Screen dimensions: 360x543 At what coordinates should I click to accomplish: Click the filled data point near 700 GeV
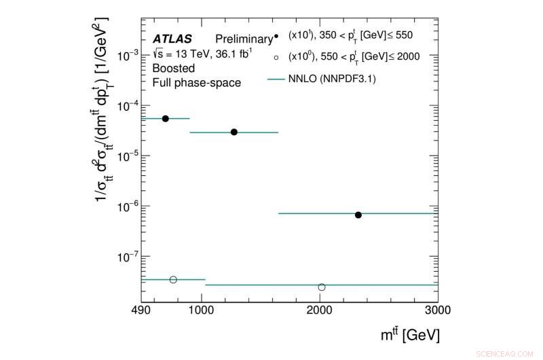coord(165,118)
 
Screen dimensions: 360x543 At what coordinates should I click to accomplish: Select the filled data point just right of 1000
coord(234,132)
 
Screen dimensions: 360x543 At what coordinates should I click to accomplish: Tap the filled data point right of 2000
coord(358,215)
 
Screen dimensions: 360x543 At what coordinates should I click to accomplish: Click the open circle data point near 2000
coord(322,287)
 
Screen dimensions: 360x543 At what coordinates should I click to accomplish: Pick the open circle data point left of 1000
coord(173,279)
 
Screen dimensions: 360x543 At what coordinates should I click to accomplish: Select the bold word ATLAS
coord(172,39)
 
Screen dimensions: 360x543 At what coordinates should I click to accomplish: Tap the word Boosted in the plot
coord(173,69)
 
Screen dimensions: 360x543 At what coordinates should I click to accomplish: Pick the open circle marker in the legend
coord(276,56)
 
